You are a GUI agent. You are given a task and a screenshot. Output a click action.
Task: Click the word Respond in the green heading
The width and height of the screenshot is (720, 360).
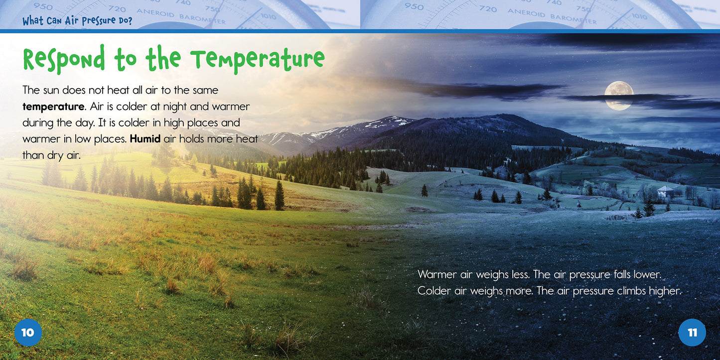click(x=64, y=60)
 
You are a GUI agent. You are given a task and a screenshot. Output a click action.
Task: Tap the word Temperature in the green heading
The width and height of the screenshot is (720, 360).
click(x=258, y=60)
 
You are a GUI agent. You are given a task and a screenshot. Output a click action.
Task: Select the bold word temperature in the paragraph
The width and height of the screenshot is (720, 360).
click(x=53, y=107)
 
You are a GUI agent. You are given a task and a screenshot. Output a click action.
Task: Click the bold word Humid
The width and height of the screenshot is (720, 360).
click(x=145, y=139)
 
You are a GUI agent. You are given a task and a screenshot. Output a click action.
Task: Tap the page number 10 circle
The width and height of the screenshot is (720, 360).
click(x=28, y=332)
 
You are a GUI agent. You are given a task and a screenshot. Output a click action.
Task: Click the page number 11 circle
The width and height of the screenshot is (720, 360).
click(x=692, y=332)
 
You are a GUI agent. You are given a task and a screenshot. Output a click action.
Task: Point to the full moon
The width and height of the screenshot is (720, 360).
click(x=619, y=95)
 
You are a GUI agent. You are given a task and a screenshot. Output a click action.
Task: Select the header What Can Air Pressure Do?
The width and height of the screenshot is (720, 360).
click(x=77, y=21)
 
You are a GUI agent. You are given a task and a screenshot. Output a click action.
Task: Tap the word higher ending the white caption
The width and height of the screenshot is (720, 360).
click(x=664, y=291)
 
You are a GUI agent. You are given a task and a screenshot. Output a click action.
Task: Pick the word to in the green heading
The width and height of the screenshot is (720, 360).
click(x=125, y=60)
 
